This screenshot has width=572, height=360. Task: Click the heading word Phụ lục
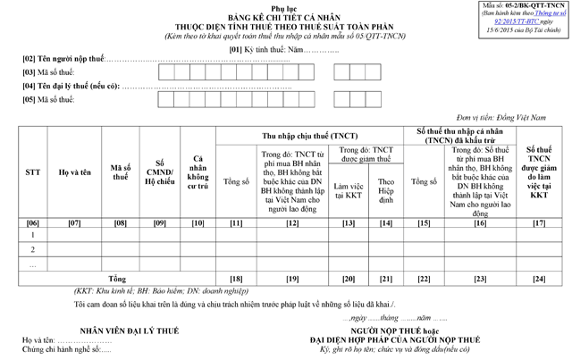pyautogui.click(x=285, y=7)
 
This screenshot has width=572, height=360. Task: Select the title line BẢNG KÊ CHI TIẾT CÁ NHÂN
pyautogui.click(x=285, y=16)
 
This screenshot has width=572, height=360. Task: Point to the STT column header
pyautogui.click(x=32, y=171)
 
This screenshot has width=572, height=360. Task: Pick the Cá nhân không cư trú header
pyautogui.click(x=198, y=171)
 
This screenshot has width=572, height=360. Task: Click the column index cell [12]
pyautogui.click(x=291, y=222)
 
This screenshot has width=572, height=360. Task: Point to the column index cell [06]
pyautogui.click(x=32, y=222)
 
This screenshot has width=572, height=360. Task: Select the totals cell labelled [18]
pyautogui.click(x=236, y=280)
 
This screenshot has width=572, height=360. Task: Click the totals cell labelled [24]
pyautogui.click(x=539, y=280)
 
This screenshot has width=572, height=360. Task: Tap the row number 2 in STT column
pyautogui.click(x=32, y=251)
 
